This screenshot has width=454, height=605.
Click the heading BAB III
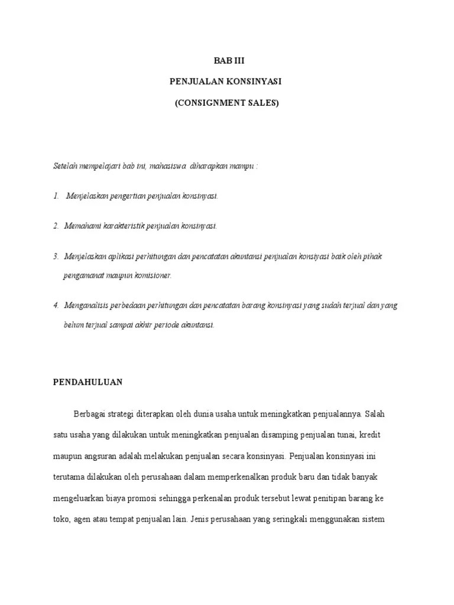(x=227, y=60)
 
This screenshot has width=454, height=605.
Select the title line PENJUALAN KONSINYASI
(x=226, y=82)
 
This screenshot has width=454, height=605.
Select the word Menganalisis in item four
(x=86, y=305)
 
